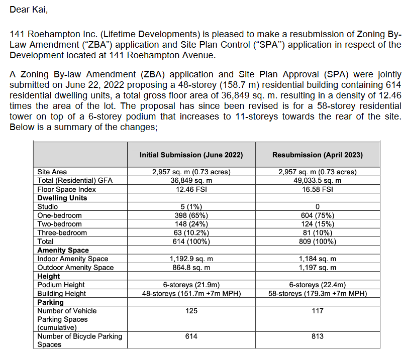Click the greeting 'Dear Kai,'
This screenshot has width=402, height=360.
point(26,10)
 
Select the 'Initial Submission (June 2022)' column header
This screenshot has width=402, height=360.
point(191,155)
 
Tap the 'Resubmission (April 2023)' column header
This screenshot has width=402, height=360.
point(318,155)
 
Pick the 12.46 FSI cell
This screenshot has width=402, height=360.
point(191,189)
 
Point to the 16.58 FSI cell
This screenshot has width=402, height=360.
point(318,189)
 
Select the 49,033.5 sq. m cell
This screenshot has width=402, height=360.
point(318,181)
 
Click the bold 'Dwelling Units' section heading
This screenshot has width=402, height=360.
point(62,198)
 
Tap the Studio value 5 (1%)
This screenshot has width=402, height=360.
point(191,206)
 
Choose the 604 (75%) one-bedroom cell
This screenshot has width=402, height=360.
point(318,215)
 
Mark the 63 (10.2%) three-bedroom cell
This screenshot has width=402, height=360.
point(191,232)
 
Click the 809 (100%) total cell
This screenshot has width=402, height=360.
point(318,241)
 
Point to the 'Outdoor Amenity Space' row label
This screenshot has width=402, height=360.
point(75,267)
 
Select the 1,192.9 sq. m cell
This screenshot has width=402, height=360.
point(191,259)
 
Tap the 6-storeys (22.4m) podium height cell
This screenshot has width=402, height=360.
point(318,285)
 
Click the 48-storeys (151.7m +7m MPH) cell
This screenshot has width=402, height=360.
point(191,293)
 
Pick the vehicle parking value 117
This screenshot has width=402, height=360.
point(318,311)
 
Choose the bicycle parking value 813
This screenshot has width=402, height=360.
point(318,336)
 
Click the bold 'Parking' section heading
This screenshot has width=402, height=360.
point(51,302)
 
